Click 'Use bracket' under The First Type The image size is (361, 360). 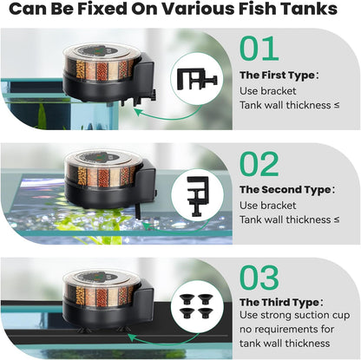(268, 90)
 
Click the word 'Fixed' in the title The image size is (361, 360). (95, 11)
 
